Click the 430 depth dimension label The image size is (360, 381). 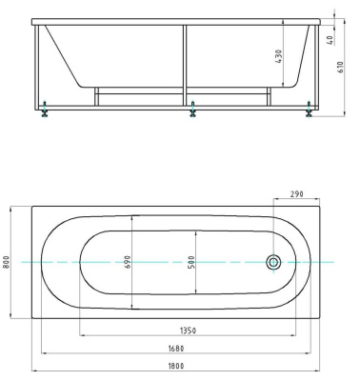[x=278, y=56]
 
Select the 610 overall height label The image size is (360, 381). [x=340, y=68]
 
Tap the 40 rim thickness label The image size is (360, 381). [x=330, y=40]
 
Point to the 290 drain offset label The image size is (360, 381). [x=297, y=194]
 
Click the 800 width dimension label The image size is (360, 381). [x=6, y=262]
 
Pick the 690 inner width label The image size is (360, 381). [x=128, y=262]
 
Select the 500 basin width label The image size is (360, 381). [x=191, y=262]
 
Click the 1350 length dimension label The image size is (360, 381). [x=188, y=331]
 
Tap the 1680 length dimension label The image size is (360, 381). [x=176, y=349]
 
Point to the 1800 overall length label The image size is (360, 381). [x=175, y=366]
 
